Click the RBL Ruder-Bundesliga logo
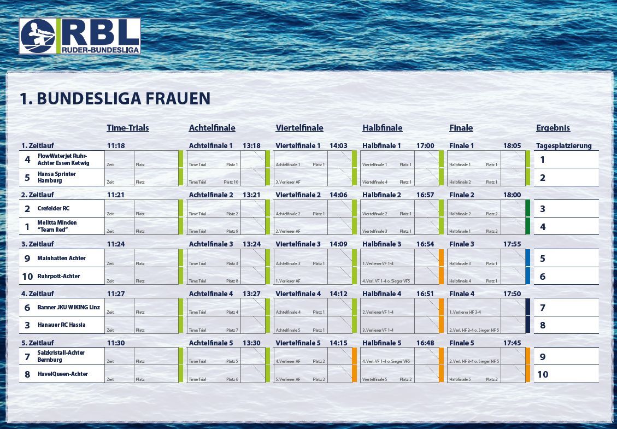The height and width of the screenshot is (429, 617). [x=80, y=36]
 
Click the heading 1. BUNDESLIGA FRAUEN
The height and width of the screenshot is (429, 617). [x=115, y=98]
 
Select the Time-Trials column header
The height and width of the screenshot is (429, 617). [x=128, y=128]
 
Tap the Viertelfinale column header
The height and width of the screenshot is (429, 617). [x=299, y=128]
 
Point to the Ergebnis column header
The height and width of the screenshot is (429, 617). [x=553, y=128]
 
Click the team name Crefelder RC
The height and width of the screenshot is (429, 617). [x=54, y=208]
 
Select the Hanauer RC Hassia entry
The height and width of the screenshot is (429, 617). [x=61, y=325]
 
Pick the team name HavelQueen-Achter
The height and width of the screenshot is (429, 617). [x=62, y=374]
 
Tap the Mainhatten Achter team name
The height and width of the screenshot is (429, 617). [x=61, y=258]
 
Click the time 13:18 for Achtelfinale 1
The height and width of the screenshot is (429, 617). [x=252, y=146]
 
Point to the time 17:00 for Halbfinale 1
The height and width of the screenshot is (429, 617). [x=425, y=146]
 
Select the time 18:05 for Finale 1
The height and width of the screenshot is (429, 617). [x=512, y=146]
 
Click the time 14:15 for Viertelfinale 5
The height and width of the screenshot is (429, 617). [x=338, y=343]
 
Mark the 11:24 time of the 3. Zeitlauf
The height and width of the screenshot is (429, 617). [x=116, y=244]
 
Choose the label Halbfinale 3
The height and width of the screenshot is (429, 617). [x=381, y=244]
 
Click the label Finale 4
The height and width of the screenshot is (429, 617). [x=462, y=293]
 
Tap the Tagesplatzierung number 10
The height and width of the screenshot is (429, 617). [x=543, y=374]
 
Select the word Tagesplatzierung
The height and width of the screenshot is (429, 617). [x=564, y=146]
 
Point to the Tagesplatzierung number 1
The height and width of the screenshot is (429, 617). [x=542, y=160]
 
